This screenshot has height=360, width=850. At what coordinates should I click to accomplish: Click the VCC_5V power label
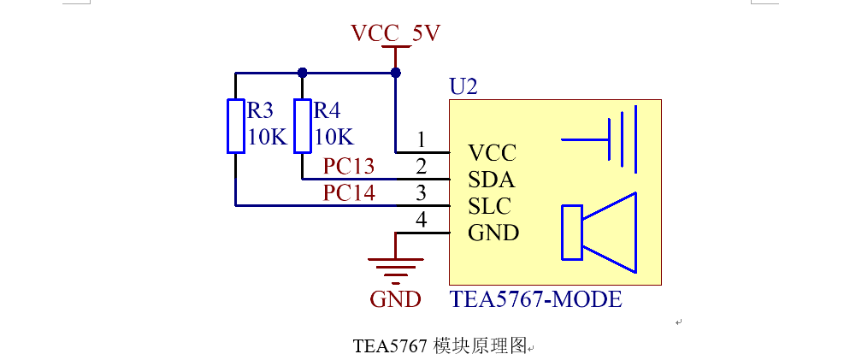click(x=395, y=33)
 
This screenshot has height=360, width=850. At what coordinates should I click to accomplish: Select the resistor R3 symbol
click(x=236, y=126)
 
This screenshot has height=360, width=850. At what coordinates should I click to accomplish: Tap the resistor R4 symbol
click(x=303, y=126)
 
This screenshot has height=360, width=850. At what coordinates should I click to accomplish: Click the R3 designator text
click(x=260, y=110)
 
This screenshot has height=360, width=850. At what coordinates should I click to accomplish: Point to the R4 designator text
click(x=327, y=110)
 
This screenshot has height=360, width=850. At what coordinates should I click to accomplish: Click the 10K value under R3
click(x=267, y=137)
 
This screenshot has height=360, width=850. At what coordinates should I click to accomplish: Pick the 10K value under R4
click(x=334, y=137)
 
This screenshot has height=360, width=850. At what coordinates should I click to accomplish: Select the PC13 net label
click(x=349, y=166)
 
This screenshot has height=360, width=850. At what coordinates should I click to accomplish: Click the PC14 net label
click(x=349, y=192)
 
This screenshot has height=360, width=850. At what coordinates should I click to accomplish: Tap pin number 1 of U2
click(x=421, y=139)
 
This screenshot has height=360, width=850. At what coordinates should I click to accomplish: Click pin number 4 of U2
click(x=421, y=220)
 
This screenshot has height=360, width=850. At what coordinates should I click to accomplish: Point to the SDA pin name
click(x=492, y=180)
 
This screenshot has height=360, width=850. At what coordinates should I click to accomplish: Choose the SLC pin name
click(x=490, y=206)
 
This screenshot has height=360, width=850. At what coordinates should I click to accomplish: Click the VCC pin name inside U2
click(x=493, y=153)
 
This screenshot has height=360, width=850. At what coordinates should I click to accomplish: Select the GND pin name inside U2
click(x=493, y=233)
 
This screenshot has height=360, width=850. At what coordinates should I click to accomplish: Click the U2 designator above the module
click(x=463, y=86)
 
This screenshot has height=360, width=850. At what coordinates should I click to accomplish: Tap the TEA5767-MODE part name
click(x=536, y=299)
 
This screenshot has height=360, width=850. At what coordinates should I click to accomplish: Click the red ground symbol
click(x=395, y=269)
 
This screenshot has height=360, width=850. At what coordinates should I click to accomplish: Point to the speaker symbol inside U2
click(x=599, y=232)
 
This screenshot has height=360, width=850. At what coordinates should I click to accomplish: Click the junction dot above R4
click(x=302, y=73)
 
